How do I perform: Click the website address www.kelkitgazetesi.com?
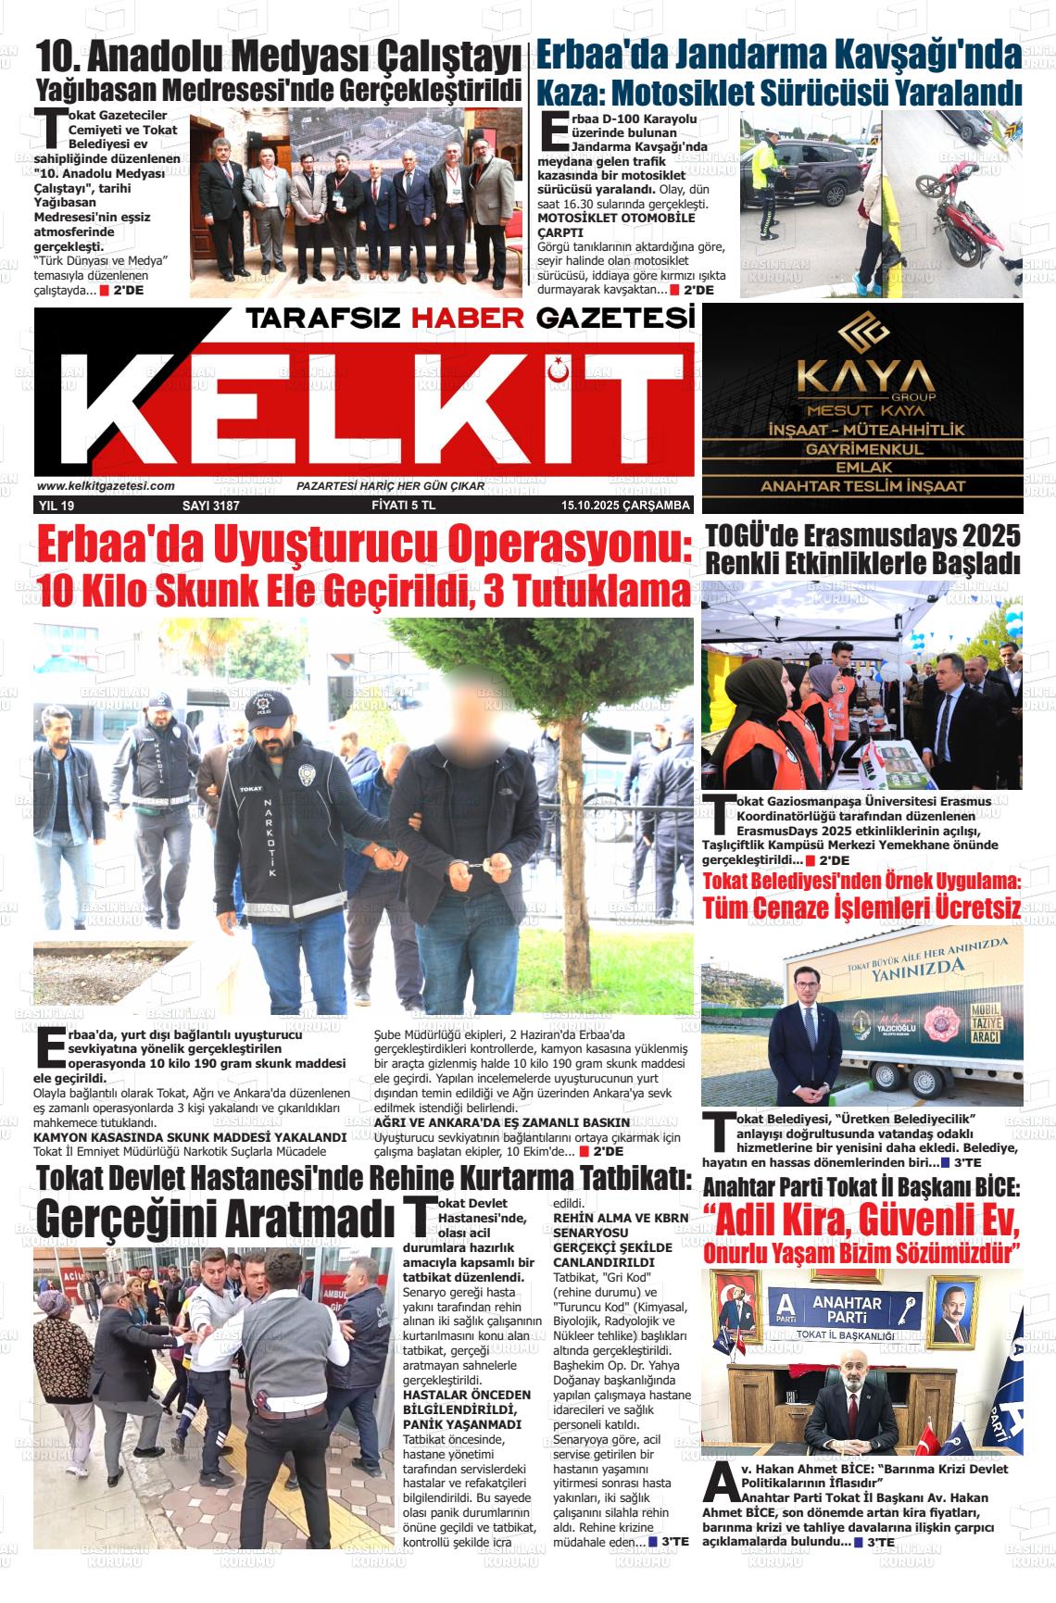tap(106, 486)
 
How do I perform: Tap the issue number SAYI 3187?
tap(211, 506)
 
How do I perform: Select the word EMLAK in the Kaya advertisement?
tap(862, 468)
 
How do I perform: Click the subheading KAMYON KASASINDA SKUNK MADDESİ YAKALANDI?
tap(190, 1136)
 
